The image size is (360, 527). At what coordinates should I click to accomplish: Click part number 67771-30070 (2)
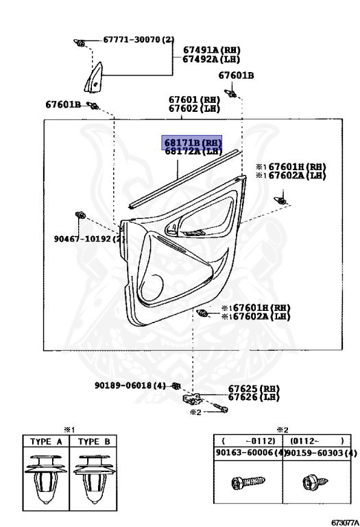coord(139,40)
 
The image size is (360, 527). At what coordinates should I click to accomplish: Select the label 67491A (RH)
coord(212,50)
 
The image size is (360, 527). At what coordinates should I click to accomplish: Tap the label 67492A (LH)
coord(211,59)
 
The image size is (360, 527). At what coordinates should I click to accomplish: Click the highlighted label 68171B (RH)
coord(192,143)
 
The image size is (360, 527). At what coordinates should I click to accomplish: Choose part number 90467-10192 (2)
coord(90,239)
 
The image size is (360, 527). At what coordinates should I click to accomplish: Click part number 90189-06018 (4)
coord(130,385)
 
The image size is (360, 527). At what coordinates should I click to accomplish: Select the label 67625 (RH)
coord(254,389)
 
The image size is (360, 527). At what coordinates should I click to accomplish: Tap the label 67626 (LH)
coord(254,397)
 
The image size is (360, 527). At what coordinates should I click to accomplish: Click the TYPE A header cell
coord(46,441)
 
